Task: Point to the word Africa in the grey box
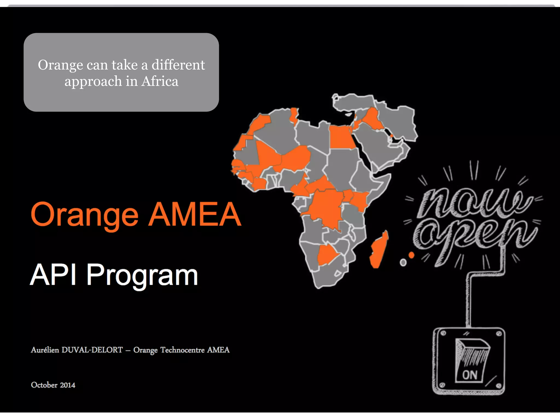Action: click(x=160, y=81)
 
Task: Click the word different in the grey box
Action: click(x=178, y=65)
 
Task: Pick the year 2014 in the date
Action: click(x=68, y=385)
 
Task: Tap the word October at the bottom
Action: click(x=44, y=385)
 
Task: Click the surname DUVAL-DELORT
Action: click(x=92, y=350)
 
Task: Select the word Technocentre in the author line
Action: click(x=182, y=350)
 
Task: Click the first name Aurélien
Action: click(x=45, y=350)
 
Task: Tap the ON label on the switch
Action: click(x=469, y=375)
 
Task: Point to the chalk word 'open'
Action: click(x=474, y=235)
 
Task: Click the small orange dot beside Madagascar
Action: click(x=411, y=255)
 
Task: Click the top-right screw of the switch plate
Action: click(x=498, y=334)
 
